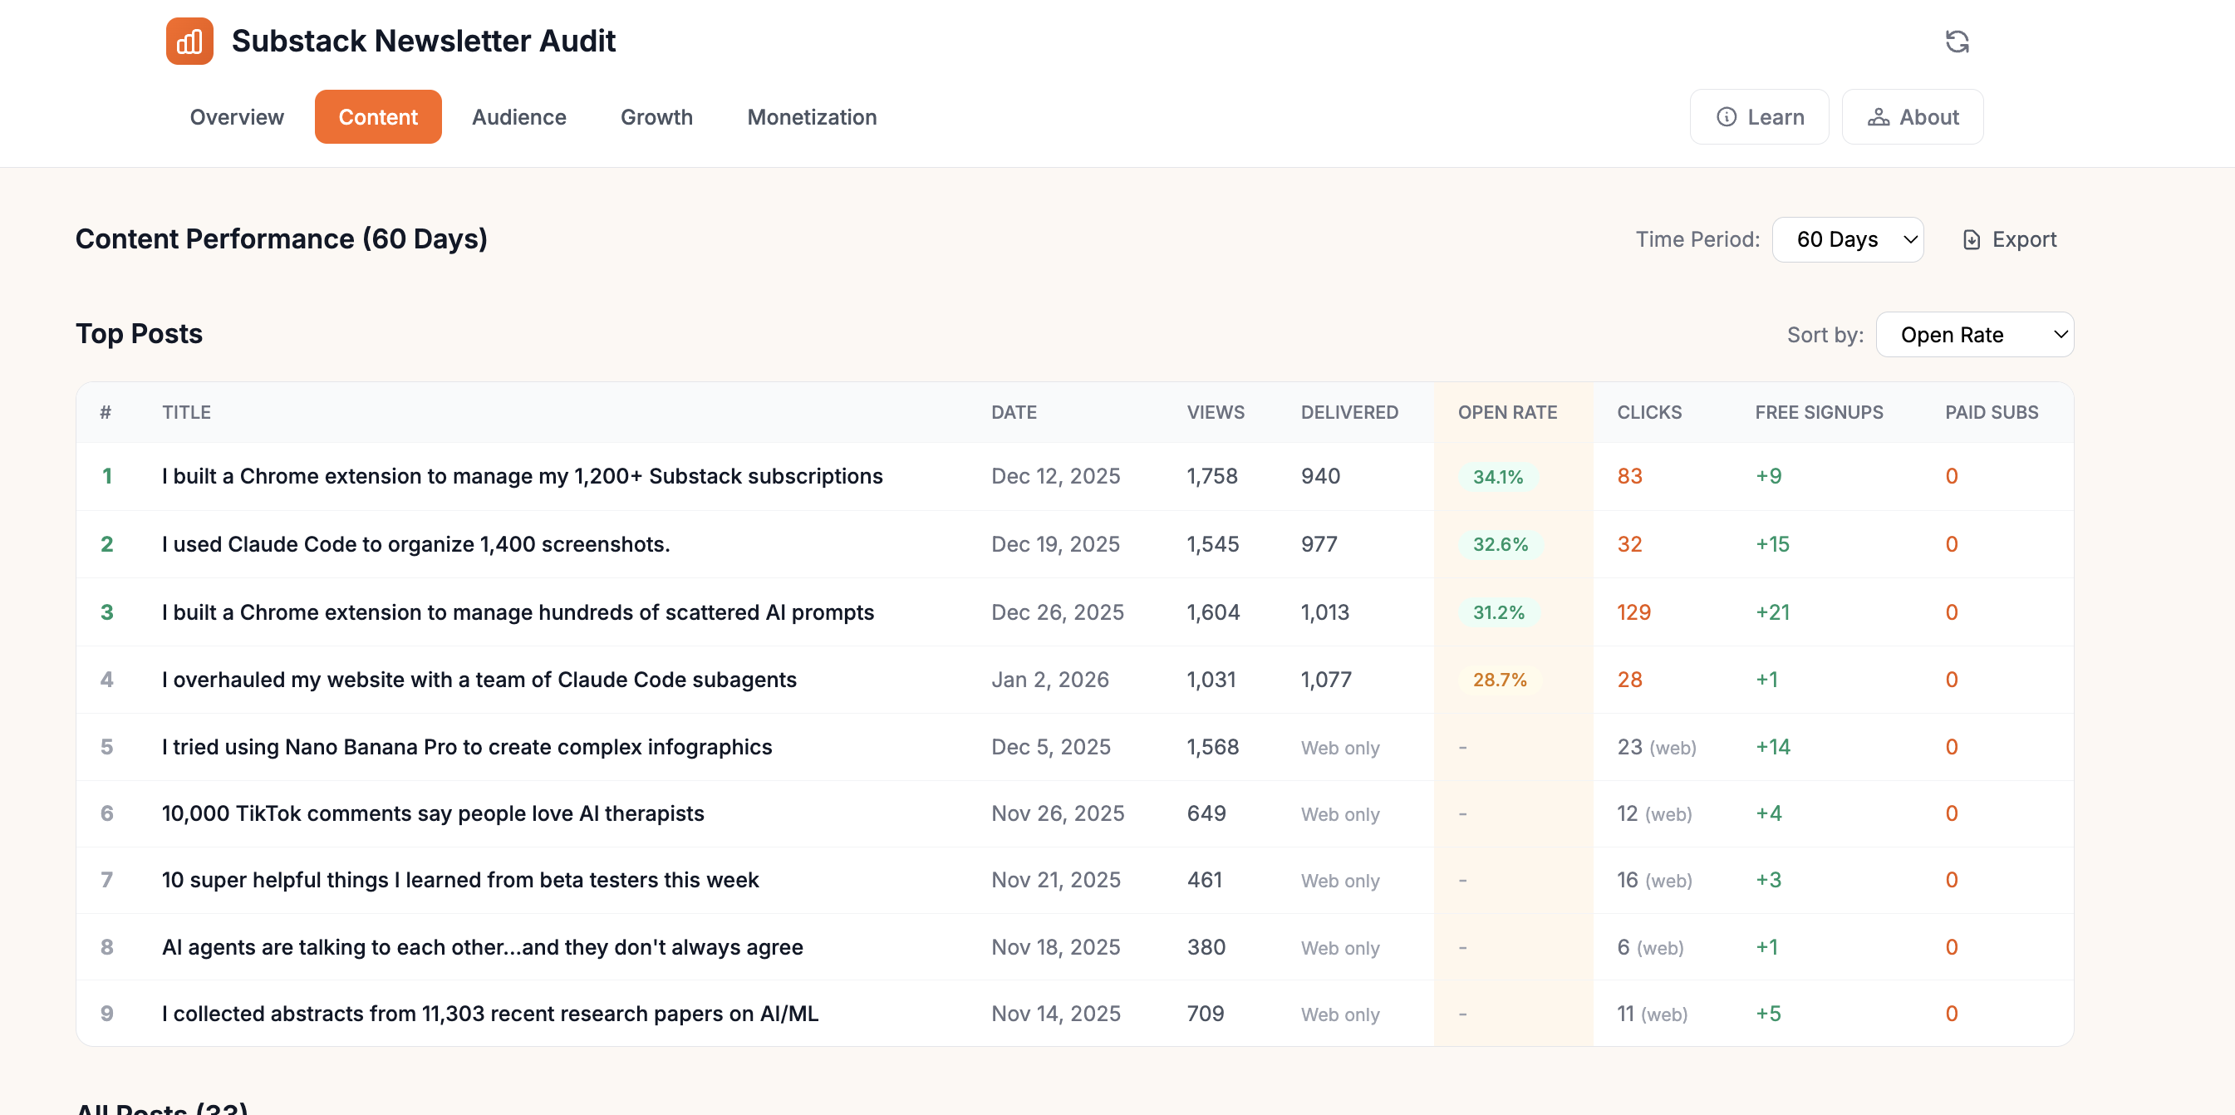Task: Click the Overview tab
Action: (x=236, y=117)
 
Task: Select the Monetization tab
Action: (x=811, y=117)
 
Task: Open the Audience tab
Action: (x=518, y=117)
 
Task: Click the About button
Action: (x=1913, y=117)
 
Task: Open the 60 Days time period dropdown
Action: (x=1847, y=239)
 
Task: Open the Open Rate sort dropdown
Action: (x=1974, y=335)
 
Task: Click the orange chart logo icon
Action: (x=189, y=41)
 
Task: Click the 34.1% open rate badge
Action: (x=1497, y=476)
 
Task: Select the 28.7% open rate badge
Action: (x=1499, y=680)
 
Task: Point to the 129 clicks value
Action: (x=1633, y=612)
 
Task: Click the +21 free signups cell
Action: (x=1772, y=612)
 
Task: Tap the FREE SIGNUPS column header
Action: (x=1819, y=412)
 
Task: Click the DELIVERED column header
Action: (x=1349, y=412)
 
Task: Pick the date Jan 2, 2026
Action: (x=1050, y=680)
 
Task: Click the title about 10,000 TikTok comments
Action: (x=433, y=814)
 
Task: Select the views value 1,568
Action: (x=1212, y=747)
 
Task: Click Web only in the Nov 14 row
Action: (x=1339, y=1014)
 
